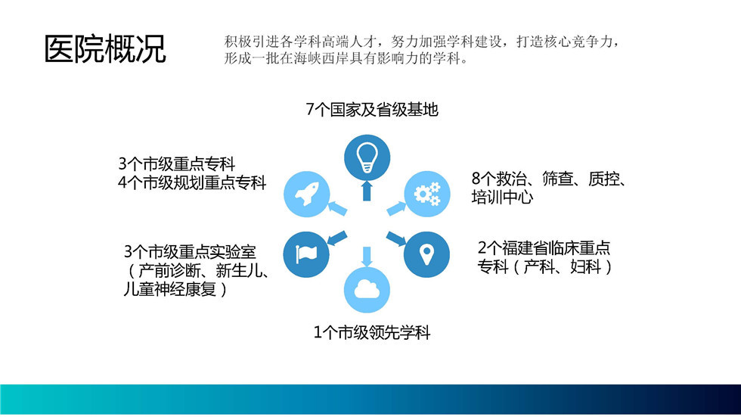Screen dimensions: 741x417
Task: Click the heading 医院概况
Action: pos(105,48)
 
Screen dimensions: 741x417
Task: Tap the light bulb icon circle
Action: pos(367,157)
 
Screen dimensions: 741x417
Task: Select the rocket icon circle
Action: pos(307,194)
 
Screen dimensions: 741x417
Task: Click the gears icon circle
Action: pos(427,194)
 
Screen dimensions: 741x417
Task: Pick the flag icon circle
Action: pos(306,254)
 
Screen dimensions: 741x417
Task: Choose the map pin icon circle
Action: pos(426,254)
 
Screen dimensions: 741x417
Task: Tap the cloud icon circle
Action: pos(367,290)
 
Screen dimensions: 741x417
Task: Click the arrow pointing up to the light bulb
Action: pos(367,191)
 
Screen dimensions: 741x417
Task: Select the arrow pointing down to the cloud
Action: pos(367,257)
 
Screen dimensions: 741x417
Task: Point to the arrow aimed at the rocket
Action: pos(337,208)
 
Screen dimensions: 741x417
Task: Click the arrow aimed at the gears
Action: pos(396,209)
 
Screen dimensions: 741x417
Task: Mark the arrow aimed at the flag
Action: pos(337,238)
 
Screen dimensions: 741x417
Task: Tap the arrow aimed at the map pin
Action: pos(396,238)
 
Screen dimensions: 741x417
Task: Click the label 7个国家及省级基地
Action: pos(372,110)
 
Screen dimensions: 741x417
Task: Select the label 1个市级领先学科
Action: pos(372,332)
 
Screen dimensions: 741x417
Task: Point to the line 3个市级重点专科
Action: pos(177,163)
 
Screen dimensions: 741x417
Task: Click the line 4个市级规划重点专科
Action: pos(192,182)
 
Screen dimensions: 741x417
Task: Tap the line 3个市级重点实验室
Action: pos(190,251)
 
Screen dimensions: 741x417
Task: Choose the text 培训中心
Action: pos(502,197)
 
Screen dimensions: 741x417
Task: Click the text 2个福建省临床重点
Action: pos(544,247)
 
